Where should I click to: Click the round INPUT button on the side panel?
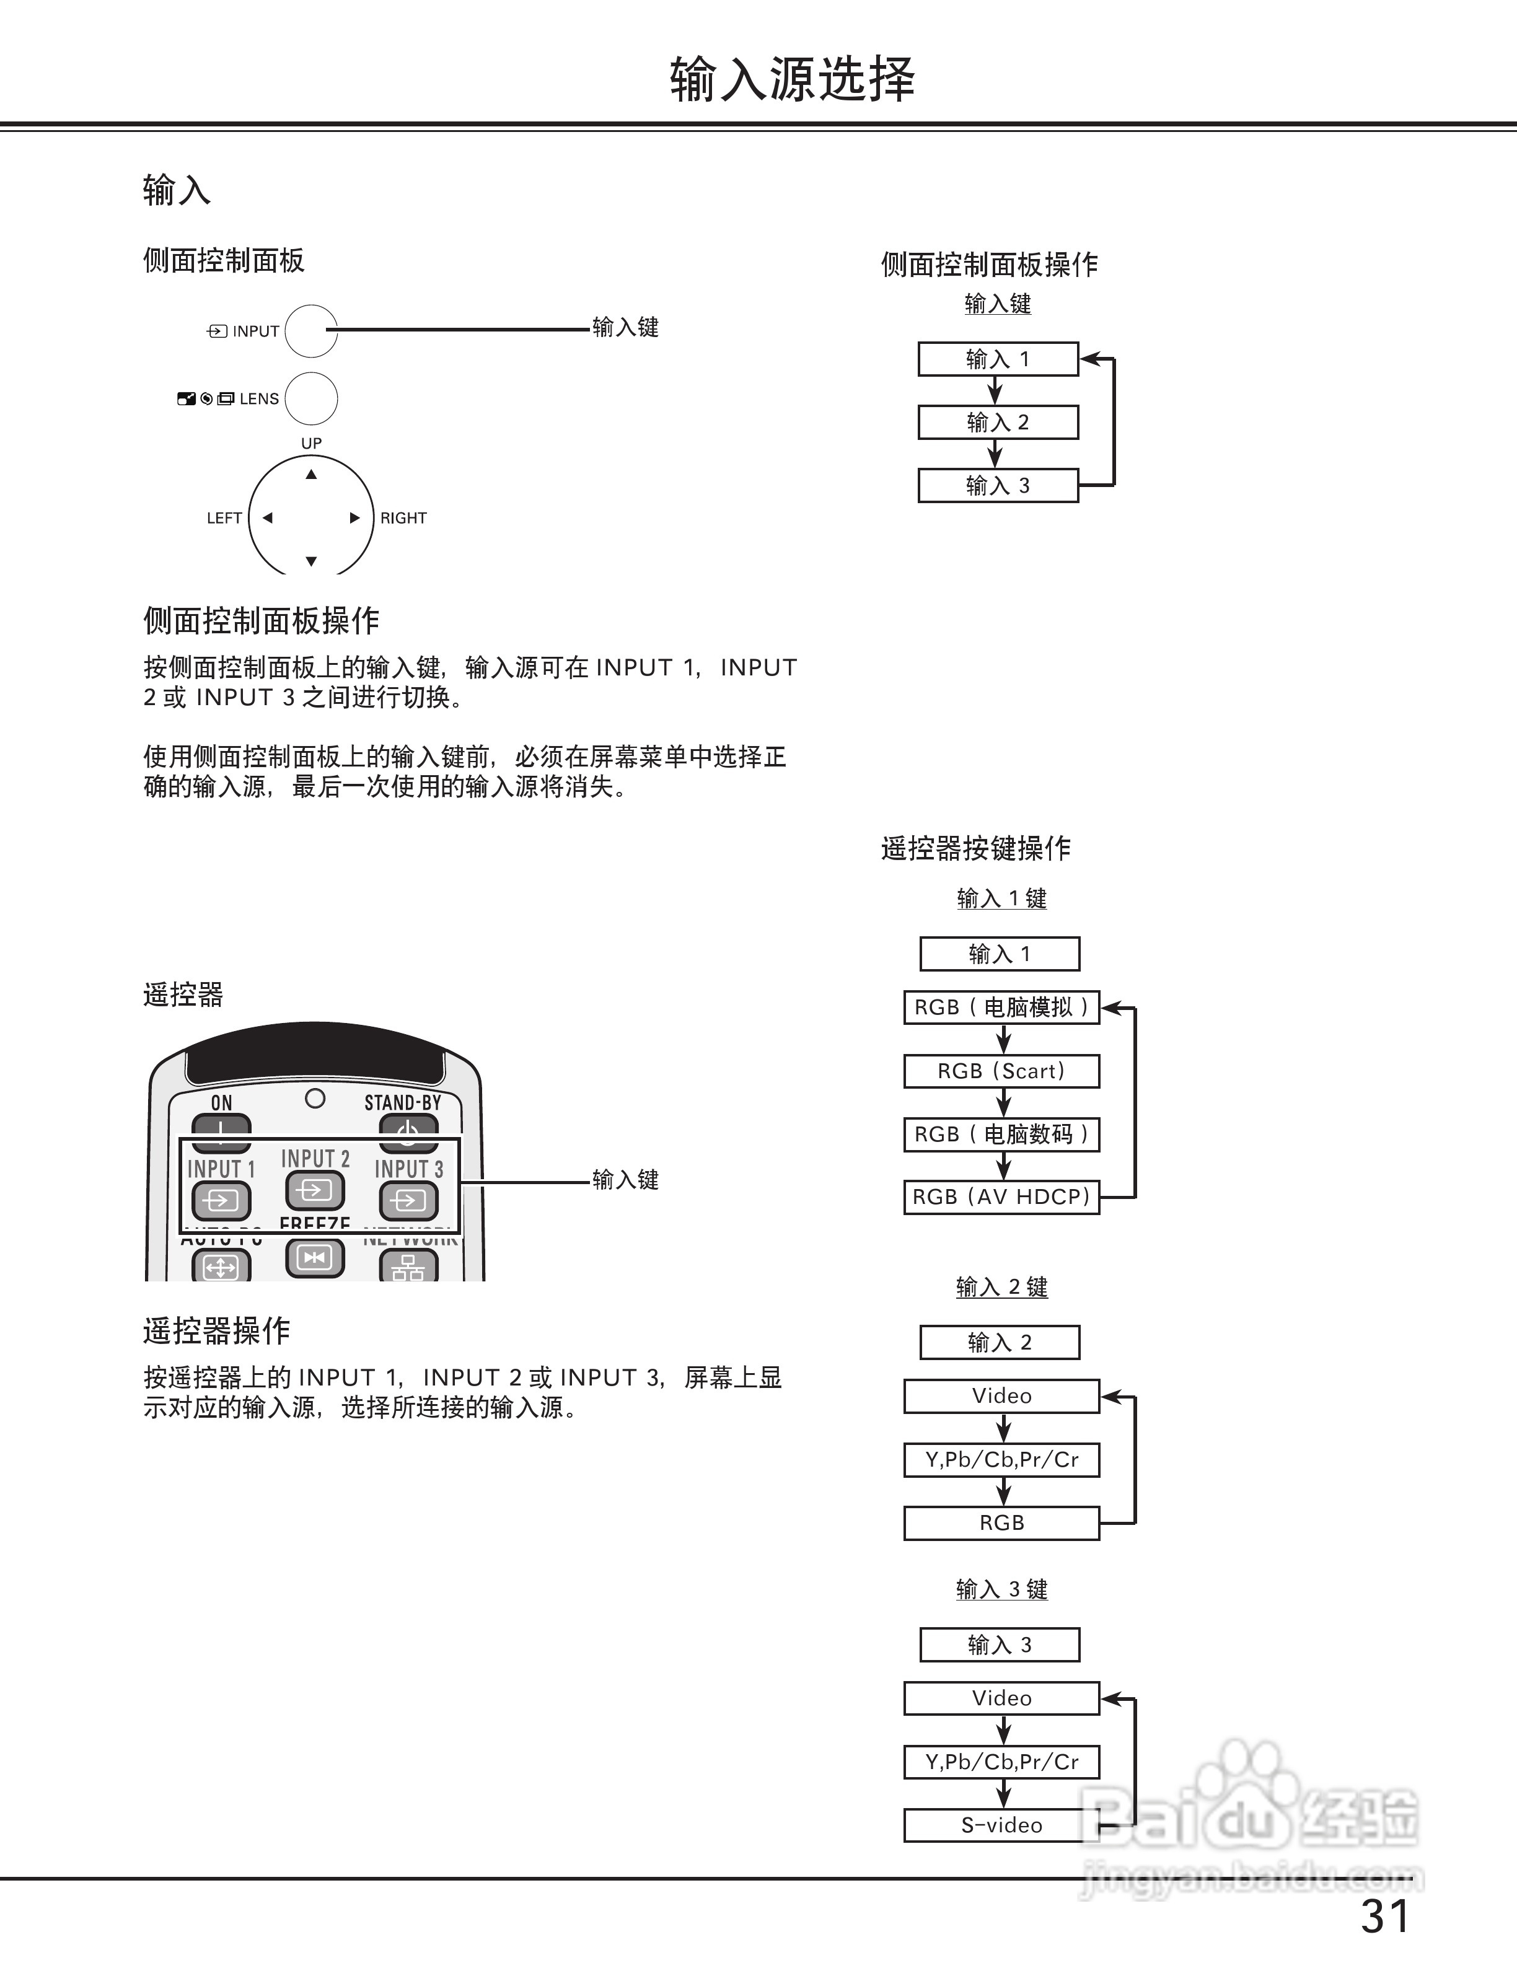click(311, 331)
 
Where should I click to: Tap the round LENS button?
click(311, 398)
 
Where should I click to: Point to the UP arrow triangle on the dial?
click(311, 475)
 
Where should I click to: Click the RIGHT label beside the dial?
click(403, 518)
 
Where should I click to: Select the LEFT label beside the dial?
click(224, 518)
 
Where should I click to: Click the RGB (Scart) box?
click(1001, 1071)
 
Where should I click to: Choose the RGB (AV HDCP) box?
click(1001, 1197)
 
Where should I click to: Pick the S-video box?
click(1001, 1825)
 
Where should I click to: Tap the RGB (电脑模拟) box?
click(1001, 1008)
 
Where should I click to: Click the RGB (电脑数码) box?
click(1001, 1135)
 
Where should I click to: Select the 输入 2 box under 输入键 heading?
click(998, 423)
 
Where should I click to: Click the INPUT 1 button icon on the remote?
click(220, 1200)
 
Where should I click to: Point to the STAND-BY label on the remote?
click(403, 1103)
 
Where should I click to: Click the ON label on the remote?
click(221, 1103)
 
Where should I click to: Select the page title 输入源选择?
click(793, 79)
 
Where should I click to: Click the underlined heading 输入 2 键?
click(1001, 1287)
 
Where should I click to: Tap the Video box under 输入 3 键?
click(1001, 1699)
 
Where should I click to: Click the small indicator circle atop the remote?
click(315, 1099)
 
